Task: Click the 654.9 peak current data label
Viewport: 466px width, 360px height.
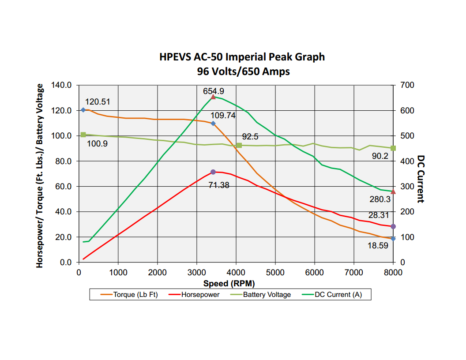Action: (214, 91)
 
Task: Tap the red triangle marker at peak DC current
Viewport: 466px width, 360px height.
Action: (213, 97)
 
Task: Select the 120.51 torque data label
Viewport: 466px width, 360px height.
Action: (98, 102)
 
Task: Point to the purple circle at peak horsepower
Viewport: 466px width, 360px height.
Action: (213, 172)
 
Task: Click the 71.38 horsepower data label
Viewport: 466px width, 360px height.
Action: (219, 185)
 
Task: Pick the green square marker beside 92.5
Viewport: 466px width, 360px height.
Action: (239, 145)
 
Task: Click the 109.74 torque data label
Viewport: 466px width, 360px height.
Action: (223, 116)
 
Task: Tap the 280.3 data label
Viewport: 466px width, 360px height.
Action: (380, 199)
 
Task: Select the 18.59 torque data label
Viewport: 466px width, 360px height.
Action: (378, 246)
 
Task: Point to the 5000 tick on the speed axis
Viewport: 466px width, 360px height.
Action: (275, 272)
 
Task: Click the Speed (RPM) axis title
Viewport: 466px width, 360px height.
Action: (229, 283)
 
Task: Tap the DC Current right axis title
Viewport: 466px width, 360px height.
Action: (421, 179)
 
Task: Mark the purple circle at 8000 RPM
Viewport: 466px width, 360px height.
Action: (393, 226)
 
